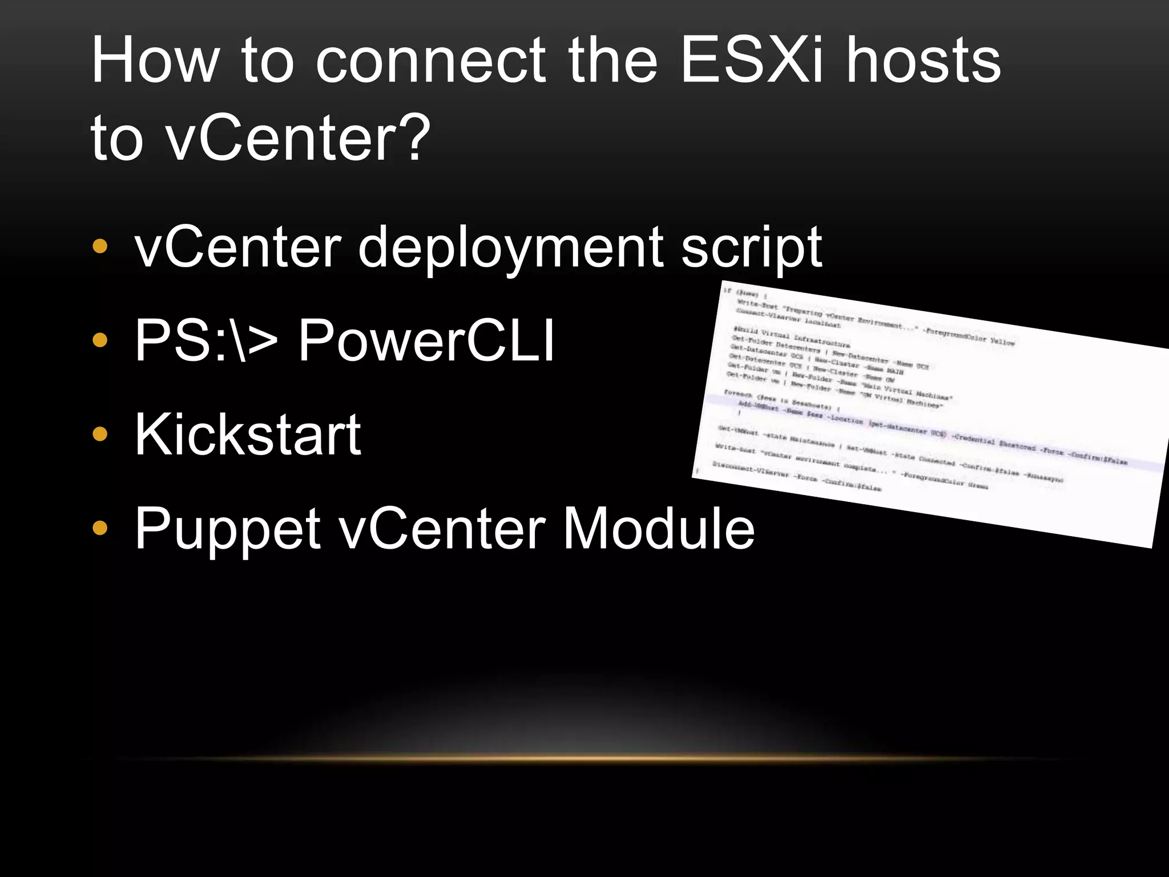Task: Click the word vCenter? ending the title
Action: point(297,137)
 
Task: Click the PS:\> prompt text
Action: point(206,341)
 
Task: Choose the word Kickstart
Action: point(248,435)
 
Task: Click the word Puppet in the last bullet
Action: point(227,529)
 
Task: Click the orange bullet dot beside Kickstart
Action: point(100,435)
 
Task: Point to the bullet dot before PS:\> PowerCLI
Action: point(100,341)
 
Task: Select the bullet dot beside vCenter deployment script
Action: point(100,247)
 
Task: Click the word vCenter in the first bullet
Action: point(237,247)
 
